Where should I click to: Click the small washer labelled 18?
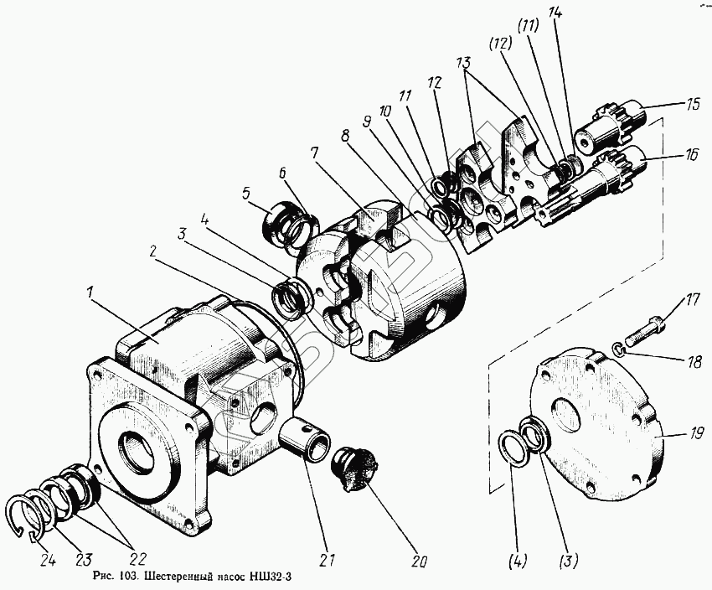coord(617,347)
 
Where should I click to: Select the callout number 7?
coord(313,153)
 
